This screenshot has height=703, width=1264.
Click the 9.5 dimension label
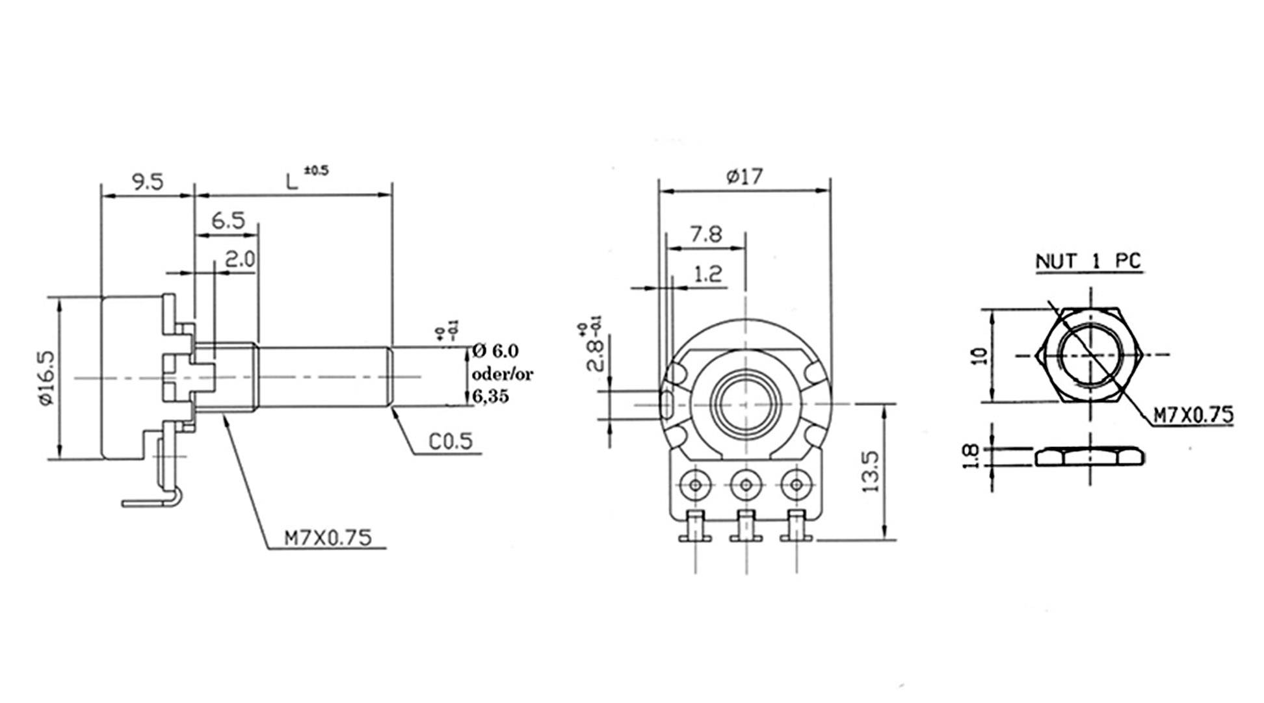(148, 181)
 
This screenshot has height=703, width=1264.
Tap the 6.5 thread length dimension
(228, 221)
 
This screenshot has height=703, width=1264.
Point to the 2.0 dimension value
(240, 261)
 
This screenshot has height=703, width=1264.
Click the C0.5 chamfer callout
(450, 441)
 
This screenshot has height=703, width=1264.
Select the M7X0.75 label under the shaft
(328, 538)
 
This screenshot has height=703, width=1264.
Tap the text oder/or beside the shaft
(503, 374)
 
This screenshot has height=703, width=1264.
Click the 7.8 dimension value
(705, 234)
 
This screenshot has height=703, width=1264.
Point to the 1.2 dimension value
(707, 274)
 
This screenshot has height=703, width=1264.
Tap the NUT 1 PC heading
(1088, 261)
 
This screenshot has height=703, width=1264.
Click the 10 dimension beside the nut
(980, 355)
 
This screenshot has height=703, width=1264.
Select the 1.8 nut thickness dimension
(969, 457)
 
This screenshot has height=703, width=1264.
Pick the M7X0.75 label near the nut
(1192, 415)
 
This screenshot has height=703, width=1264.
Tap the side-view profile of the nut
(1089, 457)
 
